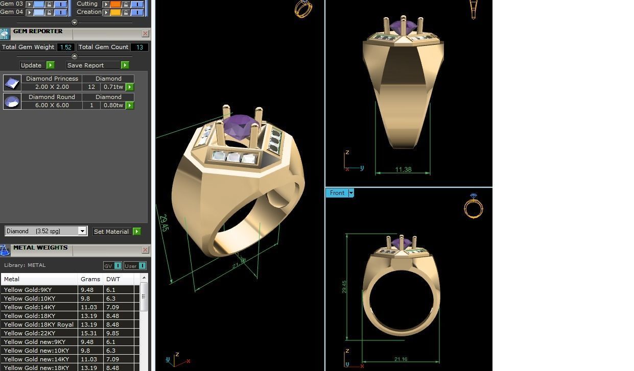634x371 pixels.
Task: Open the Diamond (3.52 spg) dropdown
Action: [82, 231]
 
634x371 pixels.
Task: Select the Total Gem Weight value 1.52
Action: [65, 47]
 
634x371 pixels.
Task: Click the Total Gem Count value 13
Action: [139, 47]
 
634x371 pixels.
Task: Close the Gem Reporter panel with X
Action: [145, 34]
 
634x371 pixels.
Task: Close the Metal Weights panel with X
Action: [145, 250]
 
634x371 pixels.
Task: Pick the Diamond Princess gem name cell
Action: [52, 79]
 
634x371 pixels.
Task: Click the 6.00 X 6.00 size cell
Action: [52, 105]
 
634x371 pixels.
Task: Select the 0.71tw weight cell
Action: [113, 87]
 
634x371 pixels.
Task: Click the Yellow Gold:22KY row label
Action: [30, 333]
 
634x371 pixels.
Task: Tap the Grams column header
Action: [90, 279]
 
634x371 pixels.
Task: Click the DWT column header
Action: [113, 279]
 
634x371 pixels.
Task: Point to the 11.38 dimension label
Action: [403, 169]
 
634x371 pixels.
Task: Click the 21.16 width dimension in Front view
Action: [401, 359]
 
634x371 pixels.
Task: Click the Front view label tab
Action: [337, 193]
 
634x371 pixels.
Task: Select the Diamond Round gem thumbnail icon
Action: [12, 102]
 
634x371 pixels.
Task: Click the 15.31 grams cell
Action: [87, 333]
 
